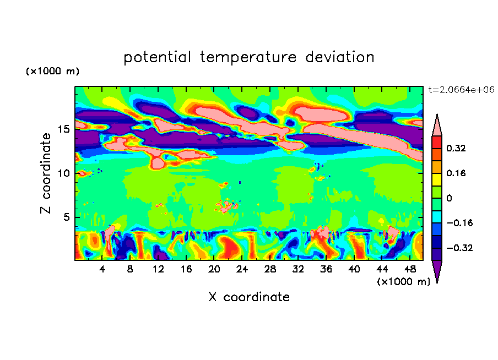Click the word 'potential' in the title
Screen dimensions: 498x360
click(157, 57)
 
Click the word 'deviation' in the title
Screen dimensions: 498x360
click(340, 57)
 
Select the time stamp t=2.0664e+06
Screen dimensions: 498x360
click(462, 90)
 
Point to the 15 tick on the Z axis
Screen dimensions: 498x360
click(63, 129)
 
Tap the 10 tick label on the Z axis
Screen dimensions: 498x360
click(63, 173)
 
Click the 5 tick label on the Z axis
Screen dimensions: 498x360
click(67, 217)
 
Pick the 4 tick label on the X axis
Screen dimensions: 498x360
click(102, 269)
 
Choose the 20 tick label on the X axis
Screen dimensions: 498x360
click(214, 269)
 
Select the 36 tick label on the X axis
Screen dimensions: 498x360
click(326, 269)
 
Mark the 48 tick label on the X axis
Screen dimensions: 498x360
click(410, 269)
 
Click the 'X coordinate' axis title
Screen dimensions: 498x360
click(249, 297)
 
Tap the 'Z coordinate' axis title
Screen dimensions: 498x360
click(46, 173)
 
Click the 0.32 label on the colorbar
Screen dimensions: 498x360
click(456, 148)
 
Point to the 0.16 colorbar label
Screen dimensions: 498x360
click(456, 173)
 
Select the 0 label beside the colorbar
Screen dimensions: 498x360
click(449, 198)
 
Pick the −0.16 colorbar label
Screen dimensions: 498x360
click(459, 223)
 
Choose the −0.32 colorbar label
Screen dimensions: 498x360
click(459, 248)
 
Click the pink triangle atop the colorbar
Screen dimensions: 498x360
click(437, 126)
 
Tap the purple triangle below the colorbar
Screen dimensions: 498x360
click(437, 271)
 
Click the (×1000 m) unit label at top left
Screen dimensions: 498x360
click(52, 71)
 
